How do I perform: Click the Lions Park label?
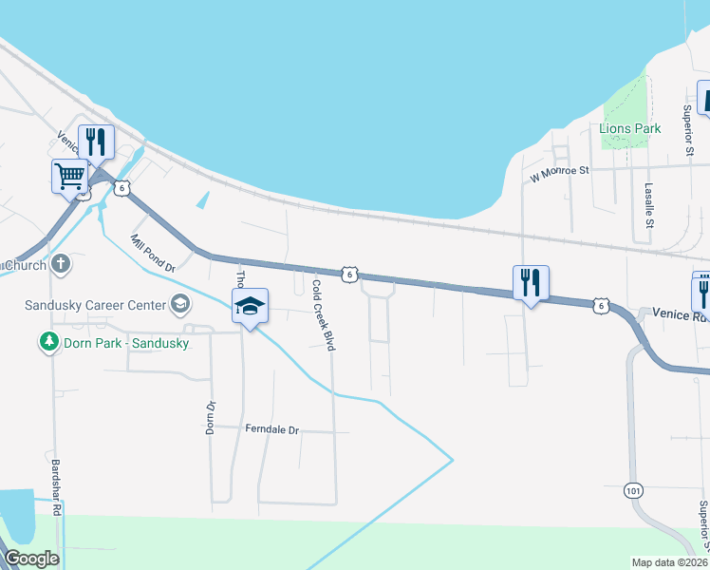pos(629,128)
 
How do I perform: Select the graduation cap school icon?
pos(250,306)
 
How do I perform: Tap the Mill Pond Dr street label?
pos(153,254)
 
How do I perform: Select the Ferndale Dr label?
pos(271,430)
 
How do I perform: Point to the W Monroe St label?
pos(560,172)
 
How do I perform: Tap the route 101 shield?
pos(634,490)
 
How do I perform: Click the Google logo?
pos(31,559)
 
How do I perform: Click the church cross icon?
pos(61,263)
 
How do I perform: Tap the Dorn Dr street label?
pos(211,416)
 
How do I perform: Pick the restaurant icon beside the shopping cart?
pos(96,142)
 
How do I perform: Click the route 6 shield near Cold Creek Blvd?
pos(350,274)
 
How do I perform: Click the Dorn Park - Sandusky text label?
pos(124,342)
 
